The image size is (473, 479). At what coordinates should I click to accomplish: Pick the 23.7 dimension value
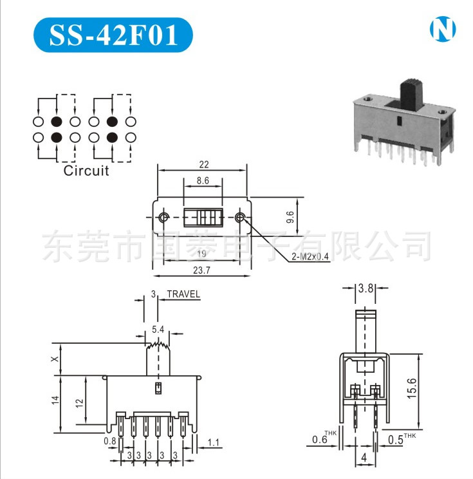(x=202, y=270)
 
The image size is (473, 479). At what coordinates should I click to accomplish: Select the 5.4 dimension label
(x=158, y=330)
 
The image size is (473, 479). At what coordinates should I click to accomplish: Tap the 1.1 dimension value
(x=214, y=442)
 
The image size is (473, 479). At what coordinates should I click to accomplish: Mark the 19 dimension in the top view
(x=202, y=252)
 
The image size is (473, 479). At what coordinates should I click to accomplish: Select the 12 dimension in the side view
(x=79, y=402)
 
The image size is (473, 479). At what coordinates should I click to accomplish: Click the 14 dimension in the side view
(x=56, y=400)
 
